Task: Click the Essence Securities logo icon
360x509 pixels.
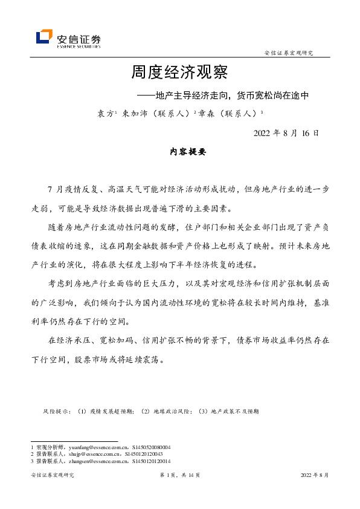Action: tap(44, 37)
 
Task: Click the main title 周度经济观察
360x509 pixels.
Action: tap(179, 73)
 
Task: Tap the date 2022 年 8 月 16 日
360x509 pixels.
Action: tap(286, 133)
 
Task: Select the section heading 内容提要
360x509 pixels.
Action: tap(179, 152)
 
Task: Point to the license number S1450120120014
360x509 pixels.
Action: tap(150, 461)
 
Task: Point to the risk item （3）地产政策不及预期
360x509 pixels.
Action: tap(228, 411)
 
